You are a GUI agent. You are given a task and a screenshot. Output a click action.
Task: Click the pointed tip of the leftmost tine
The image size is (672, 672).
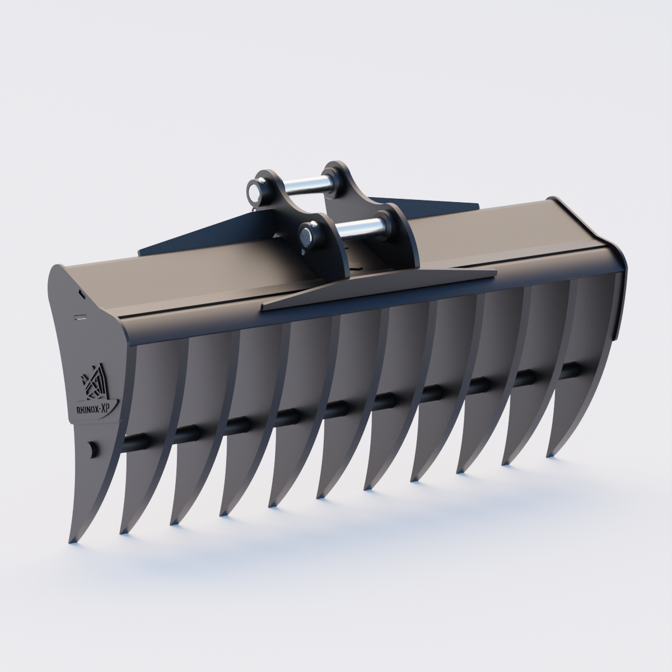click(x=71, y=542)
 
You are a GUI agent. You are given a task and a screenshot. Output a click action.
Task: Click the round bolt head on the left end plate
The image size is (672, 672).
click(x=91, y=449)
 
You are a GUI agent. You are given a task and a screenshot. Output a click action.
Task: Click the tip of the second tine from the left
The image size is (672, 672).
click(x=122, y=532)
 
